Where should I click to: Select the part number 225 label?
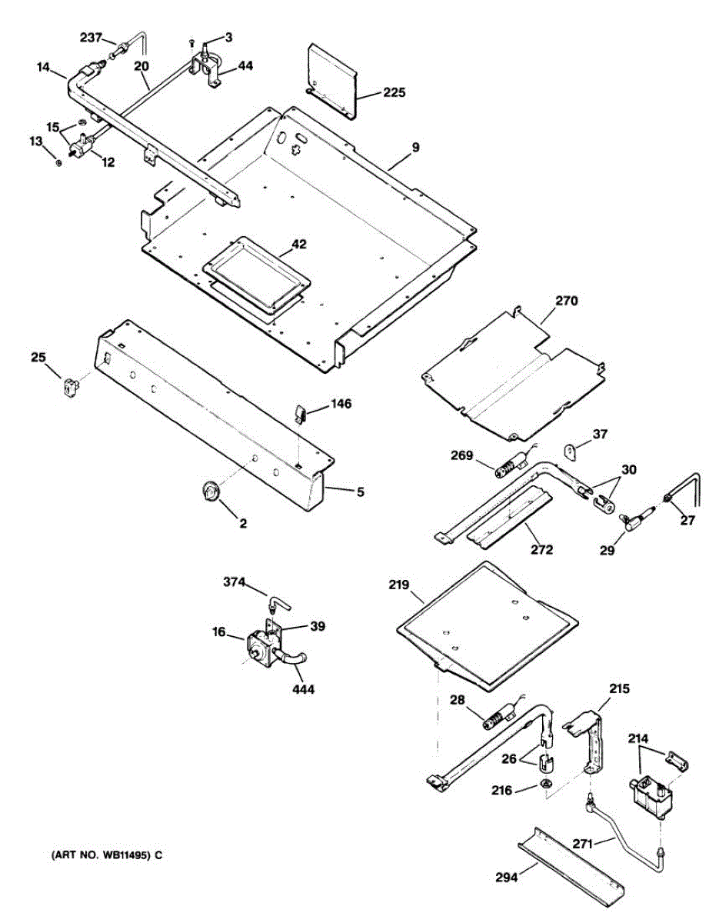click(x=394, y=93)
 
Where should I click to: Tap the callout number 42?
click(x=298, y=245)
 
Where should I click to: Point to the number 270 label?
click(x=566, y=301)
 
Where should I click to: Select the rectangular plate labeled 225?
click(x=333, y=79)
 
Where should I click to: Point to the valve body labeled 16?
click(x=258, y=647)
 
